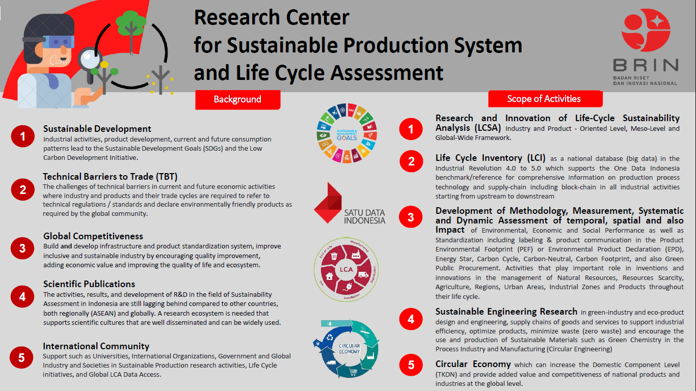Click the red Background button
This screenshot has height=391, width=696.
(x=238, y=100)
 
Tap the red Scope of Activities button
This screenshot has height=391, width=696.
(x=545, y=99)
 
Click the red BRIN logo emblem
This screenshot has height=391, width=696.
(x=646, y=30)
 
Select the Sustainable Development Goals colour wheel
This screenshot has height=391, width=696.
(x=347, y=133)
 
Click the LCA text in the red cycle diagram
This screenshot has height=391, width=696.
(x=346, y=269)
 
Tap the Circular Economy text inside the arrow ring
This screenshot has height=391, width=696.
(x=350, y=348)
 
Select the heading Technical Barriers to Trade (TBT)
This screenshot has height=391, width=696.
(x=110, y=176)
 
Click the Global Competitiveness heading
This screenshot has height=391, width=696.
(x=93, y=236)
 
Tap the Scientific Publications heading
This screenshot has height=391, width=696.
(x=89, y=284)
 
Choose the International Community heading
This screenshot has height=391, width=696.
(x=96, y=346)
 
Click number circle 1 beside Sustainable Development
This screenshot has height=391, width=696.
(x=23, y=136)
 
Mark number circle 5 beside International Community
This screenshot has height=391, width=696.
(x=21, y=358)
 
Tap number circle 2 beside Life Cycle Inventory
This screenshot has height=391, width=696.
(x=411, y=161)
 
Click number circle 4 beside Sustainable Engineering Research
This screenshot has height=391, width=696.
(x=411, y=319)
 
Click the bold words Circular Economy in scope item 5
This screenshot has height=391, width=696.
(x=473, y=364)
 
